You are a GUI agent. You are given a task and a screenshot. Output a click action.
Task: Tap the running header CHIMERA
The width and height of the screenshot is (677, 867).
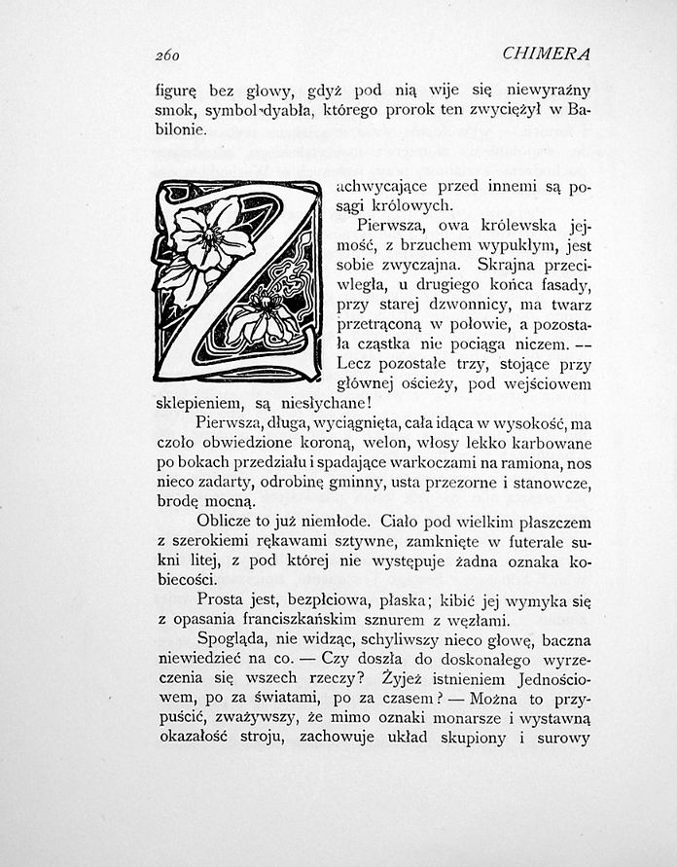pyautogui.click(x=548, y=53)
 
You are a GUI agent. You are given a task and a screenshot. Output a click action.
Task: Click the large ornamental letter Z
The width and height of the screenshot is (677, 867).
pyautogui.click(x=236, y=280)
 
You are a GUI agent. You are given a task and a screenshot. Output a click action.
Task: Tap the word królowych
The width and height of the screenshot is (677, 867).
pyautogui.click(x=411, y=205)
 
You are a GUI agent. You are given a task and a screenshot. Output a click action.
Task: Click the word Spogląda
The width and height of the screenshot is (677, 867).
pyautogui.click(x=231, y=642)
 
